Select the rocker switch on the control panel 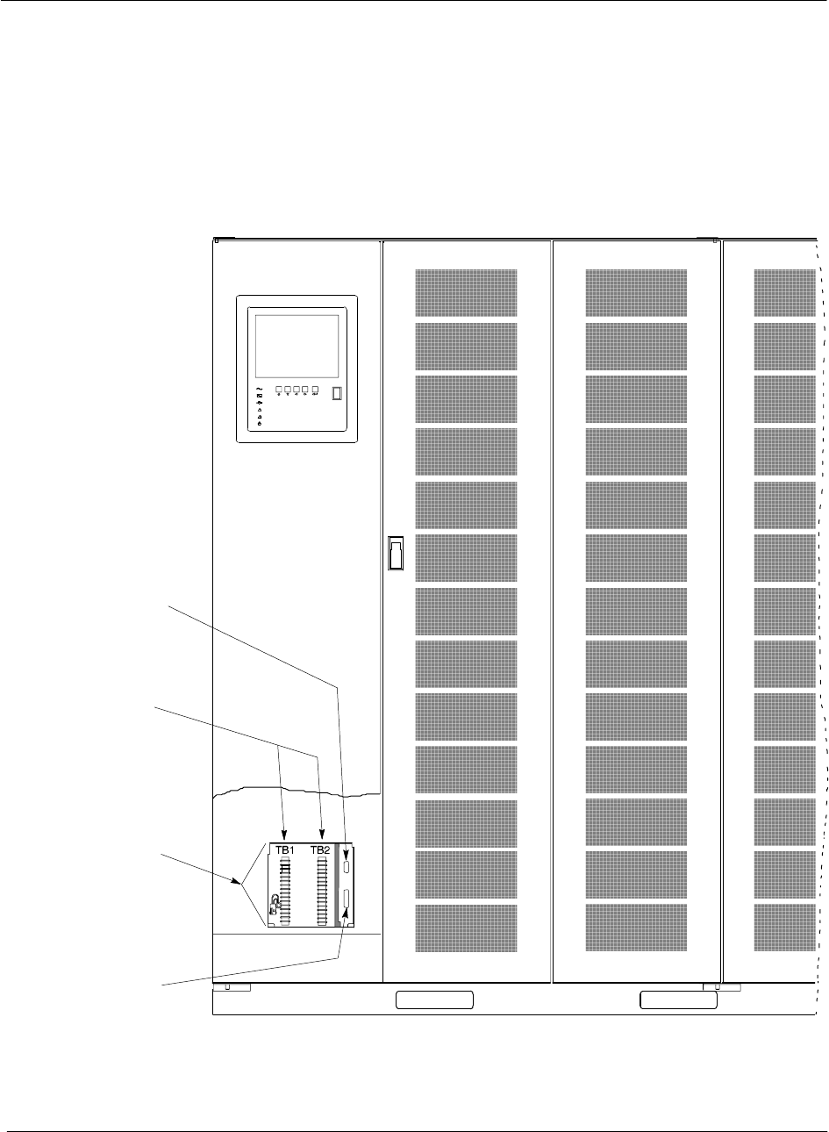point(338,393)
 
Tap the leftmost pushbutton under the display point(278,391)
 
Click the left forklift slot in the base point(434,999)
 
